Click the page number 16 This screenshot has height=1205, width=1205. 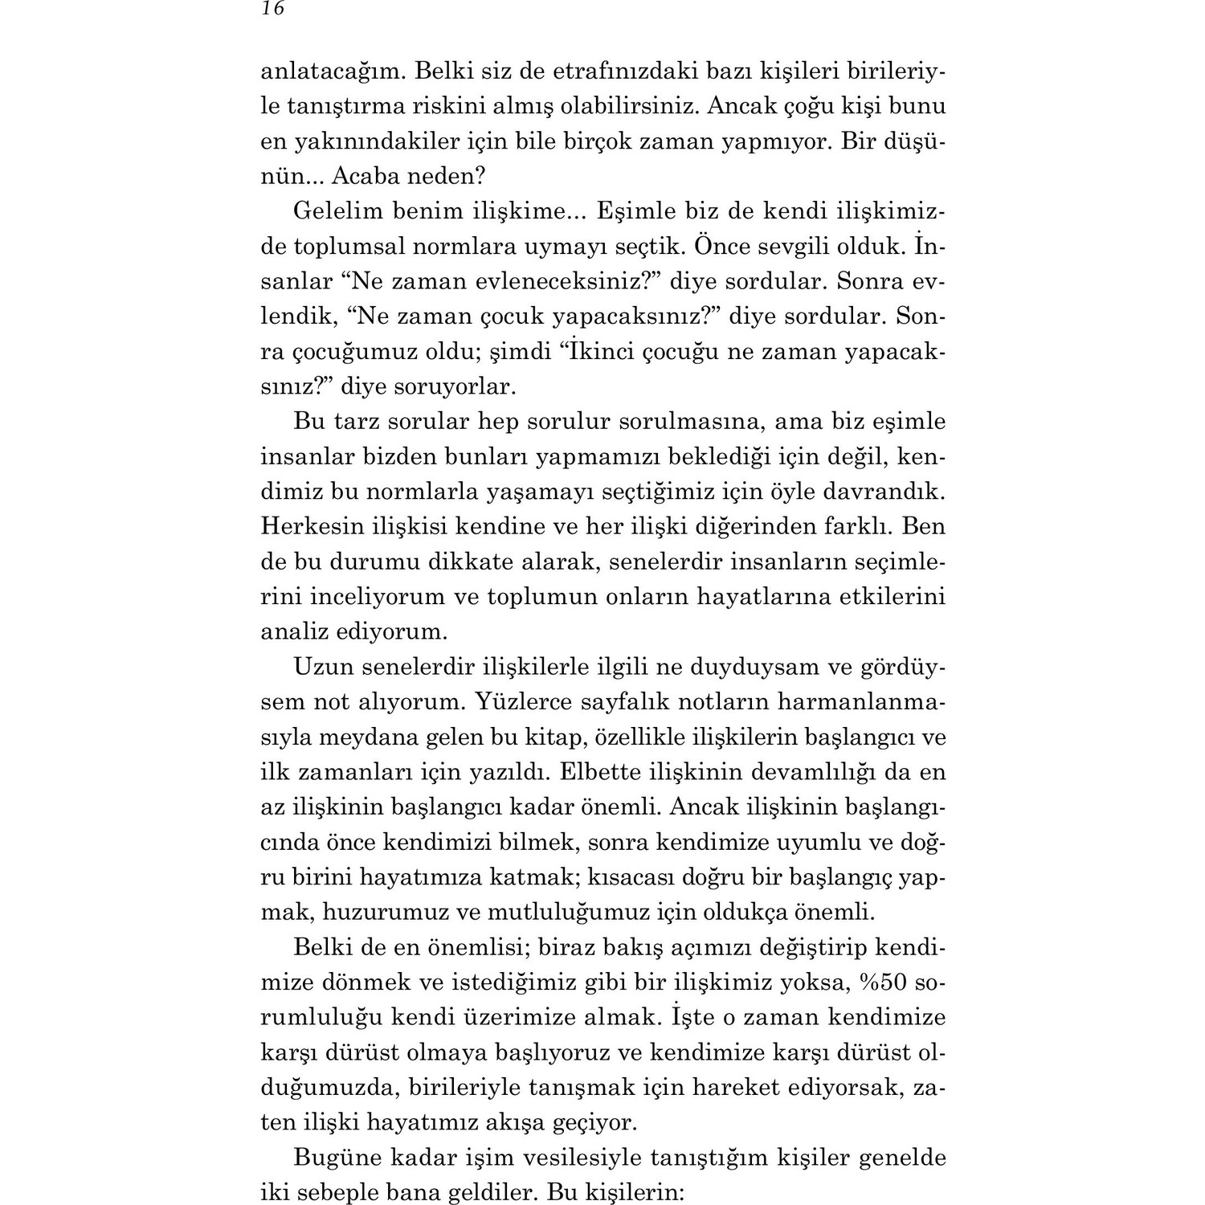273,9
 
